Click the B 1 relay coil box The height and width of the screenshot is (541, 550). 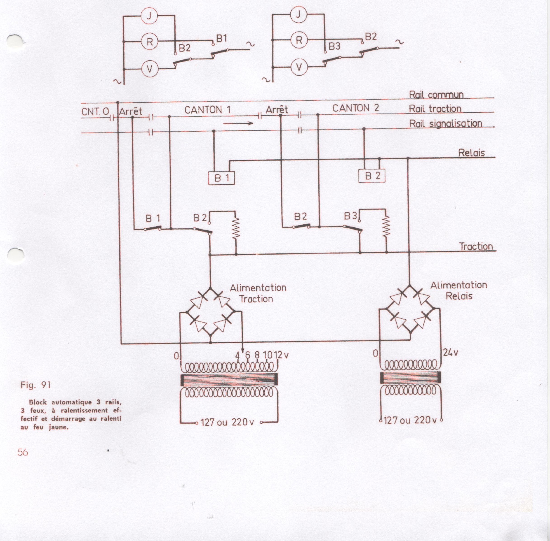point(221,178)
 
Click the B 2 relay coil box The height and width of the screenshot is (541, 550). point(371,176)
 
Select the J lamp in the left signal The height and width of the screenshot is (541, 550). point(149,15)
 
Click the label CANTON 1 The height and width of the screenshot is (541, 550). point(207,110)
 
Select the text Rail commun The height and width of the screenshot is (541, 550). point(436,95)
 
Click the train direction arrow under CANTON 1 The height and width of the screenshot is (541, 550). point(238,123)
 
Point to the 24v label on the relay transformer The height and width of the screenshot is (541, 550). point(450,353)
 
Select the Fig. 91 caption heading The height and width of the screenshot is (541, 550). point(35,385)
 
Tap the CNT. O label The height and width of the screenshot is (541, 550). point(95,111)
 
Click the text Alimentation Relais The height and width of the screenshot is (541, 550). point(459,290)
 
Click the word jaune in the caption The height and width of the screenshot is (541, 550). point(58,427)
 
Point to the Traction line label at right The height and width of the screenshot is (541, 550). point(476,246)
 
